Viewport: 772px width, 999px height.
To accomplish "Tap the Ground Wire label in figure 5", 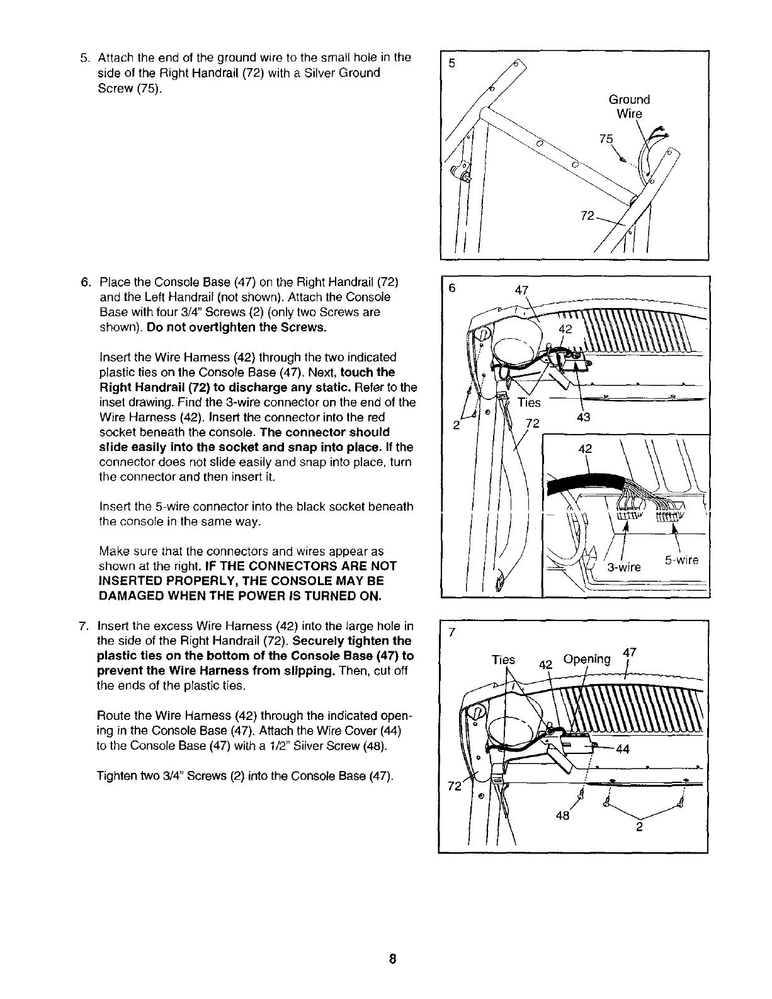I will click(x=628, y=106).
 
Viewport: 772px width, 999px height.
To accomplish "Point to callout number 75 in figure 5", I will click(x=605, y=139).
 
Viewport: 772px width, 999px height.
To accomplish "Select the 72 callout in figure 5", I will click(x=587, y=216).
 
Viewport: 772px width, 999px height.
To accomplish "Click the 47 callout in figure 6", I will click(x=521, y=290).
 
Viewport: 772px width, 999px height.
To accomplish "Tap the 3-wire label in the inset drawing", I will click(x=623, y=567).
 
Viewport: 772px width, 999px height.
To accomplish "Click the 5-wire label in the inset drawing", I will click(x=682, y=560).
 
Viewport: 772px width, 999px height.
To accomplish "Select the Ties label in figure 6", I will click(x=529, y=402).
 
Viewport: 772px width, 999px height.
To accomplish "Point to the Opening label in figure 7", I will click(x=587, y=659).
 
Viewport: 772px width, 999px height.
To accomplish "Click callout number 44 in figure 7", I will click(x=622, y=749).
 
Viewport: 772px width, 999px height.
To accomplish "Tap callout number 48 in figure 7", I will click(x=562, y=815).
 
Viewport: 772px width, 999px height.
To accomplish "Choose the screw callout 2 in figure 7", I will click(x=639, y=828).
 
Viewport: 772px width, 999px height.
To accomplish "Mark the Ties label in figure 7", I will click(x=503, y=659).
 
